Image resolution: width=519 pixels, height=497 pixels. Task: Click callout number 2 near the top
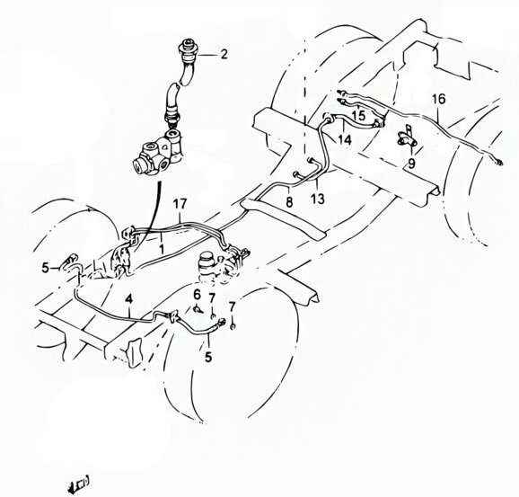pos(224,54)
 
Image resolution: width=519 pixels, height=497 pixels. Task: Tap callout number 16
pos(438,99)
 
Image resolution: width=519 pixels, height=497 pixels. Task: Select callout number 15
pos(358,115)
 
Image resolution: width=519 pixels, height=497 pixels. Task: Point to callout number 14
pos(345,139)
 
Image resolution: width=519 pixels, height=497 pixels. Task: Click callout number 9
pos(410,164)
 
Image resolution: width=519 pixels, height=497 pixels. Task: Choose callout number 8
pos(289,204)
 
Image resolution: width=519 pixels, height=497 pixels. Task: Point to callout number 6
pos(198,296)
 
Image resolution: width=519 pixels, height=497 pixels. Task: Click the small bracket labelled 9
pos(405,139)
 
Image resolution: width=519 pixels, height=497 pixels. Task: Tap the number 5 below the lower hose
pos(208,356)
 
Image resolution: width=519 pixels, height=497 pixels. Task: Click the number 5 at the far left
pos(44,267)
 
